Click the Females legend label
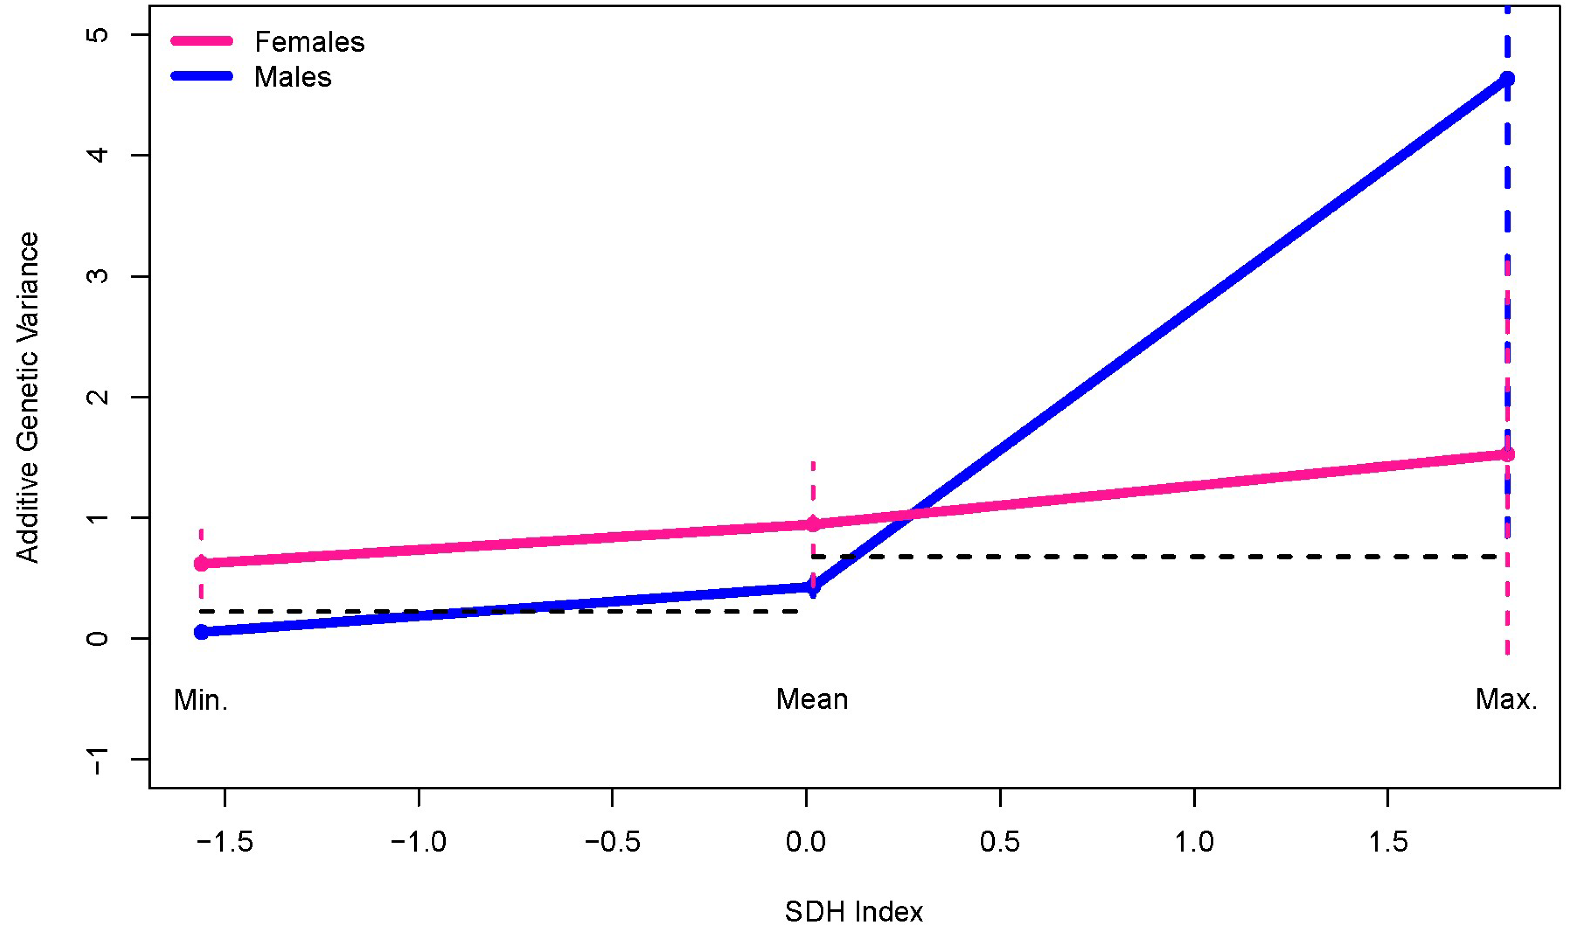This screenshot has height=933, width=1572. point(309,42)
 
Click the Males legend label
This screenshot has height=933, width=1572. point(292,77)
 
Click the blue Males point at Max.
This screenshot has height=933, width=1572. point(1507,78)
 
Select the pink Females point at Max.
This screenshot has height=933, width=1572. point(1507,454)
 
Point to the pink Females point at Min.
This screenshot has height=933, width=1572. point(201,563)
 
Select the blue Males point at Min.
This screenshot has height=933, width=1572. point(201,632)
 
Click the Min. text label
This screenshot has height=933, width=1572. point(200,700)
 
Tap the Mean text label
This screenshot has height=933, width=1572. point(812,699)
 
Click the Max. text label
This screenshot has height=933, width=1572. point(1506,699)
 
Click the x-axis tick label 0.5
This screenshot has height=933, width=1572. point(1000,842)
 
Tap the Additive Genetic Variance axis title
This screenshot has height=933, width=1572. point(28,397)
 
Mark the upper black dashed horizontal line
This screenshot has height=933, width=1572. point(1157,557)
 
